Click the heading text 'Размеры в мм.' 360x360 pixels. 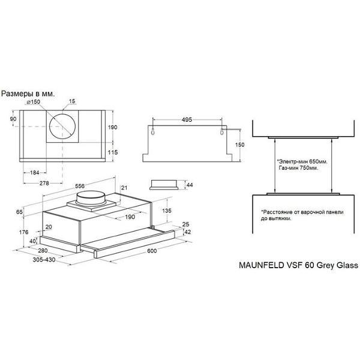28,94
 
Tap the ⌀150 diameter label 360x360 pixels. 33,102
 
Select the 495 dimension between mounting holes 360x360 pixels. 187,119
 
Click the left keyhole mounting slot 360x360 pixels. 153,131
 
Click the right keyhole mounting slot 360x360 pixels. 222,131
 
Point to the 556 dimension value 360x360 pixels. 80,186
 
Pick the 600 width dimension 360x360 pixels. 152,251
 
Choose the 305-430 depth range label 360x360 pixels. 44,260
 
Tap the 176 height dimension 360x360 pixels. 23,232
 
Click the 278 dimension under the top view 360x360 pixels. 44,183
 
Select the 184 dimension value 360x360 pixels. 35,172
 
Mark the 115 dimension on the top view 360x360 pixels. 113,152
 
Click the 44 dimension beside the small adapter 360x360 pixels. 190,185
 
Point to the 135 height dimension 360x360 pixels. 167,211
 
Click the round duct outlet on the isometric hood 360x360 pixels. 91,197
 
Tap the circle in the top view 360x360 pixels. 62,113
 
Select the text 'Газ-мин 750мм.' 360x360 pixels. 299,168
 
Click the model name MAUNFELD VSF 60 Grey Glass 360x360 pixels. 298,265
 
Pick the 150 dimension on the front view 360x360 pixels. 239,145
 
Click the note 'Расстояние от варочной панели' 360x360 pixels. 302,212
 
